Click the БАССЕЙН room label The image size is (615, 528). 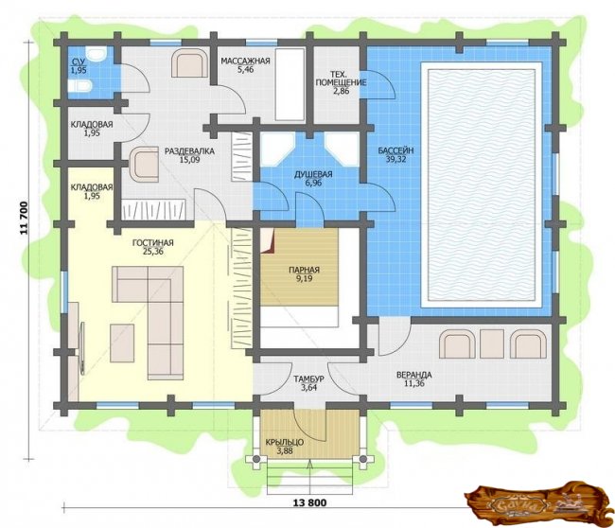395,150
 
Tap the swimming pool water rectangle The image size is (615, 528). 482,185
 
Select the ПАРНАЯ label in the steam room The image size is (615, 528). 304,270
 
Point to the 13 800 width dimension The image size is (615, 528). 309,502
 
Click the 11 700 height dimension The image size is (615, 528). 25,218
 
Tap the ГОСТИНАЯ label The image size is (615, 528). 152,243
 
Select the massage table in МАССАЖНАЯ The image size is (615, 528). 290,84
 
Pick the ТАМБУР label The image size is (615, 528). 309,378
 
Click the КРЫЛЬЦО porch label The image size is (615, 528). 285,443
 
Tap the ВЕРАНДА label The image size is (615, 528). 413,375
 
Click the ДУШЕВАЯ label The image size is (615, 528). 313,174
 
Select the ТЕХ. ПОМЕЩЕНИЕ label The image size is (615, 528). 341,78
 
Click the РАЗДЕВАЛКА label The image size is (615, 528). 189,151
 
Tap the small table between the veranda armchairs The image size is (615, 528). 492,343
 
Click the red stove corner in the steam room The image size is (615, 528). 267,240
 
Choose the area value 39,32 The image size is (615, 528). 395,159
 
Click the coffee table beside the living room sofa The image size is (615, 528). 122,343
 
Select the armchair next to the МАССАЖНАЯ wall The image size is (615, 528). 189,62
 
